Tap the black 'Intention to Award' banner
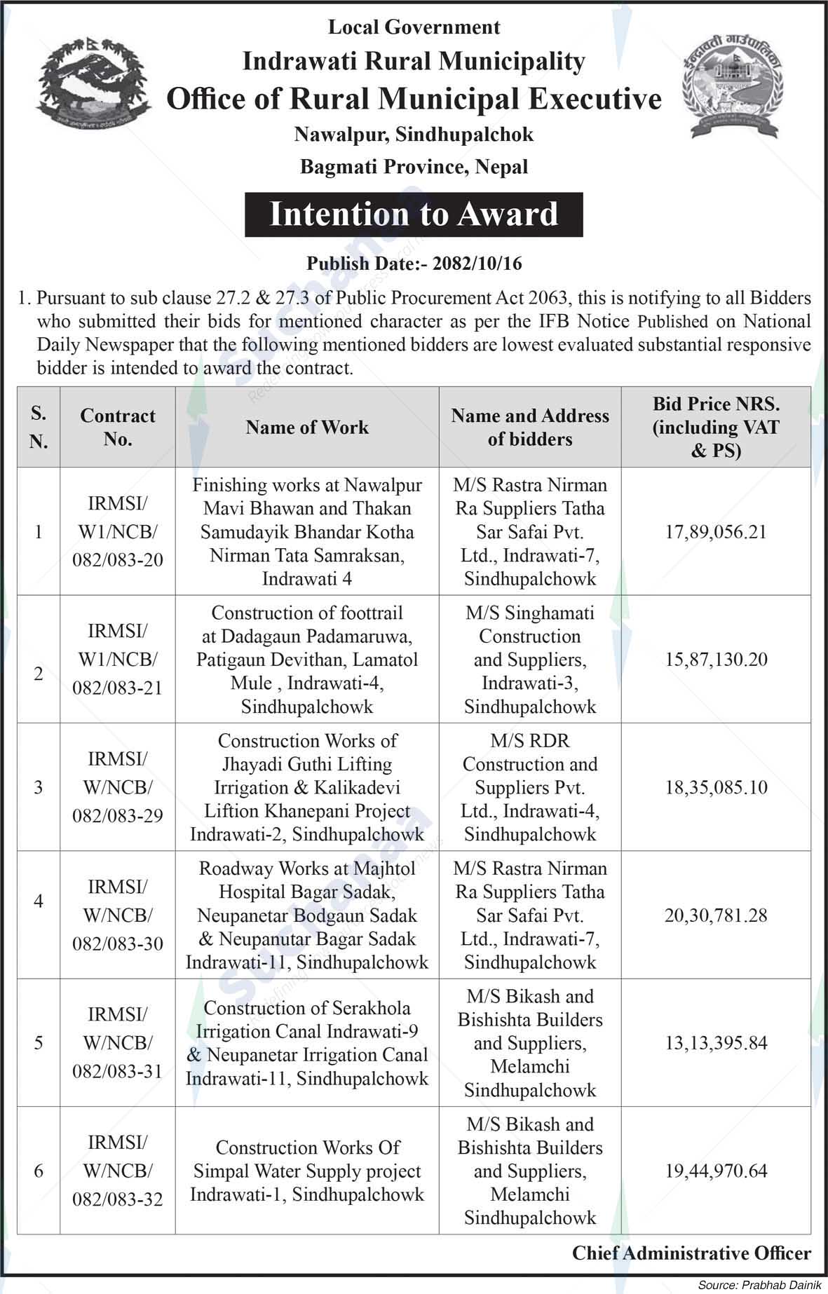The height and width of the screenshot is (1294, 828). click(414, 214)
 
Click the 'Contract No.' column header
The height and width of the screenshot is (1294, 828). click(118, 427)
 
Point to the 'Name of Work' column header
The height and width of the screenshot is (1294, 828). click(307, 427)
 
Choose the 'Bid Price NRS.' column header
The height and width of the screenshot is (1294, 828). click(716, 427)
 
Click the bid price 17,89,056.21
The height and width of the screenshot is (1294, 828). click(716, 532)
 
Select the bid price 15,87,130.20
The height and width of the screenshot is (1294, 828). click(716, 660)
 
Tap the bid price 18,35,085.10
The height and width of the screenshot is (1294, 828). click(716, 787)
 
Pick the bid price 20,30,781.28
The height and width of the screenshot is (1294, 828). click(716, 915)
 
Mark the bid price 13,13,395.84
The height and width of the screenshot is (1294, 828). click(716, 1043)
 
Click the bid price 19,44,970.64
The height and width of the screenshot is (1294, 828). click(716, 1171)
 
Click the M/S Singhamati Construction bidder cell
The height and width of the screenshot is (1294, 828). click(530, 660)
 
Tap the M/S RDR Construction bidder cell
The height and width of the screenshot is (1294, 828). click(530, 787)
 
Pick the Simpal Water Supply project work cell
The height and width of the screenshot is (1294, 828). click(307, 1171)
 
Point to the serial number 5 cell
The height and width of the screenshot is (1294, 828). click(39, 1043)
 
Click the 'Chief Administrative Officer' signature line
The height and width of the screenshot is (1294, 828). click(691, 1253)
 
